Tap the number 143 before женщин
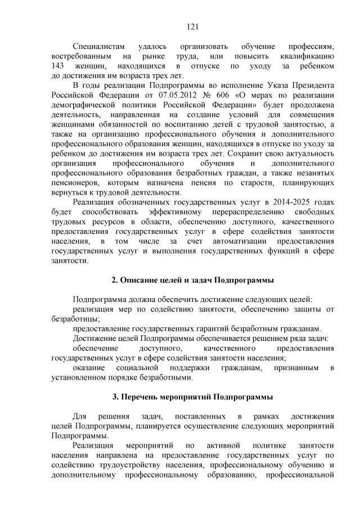(x=58, y=66)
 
